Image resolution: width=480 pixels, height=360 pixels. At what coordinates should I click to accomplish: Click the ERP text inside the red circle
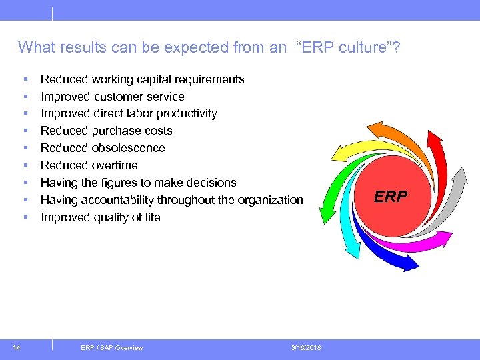click(x=390, y=196)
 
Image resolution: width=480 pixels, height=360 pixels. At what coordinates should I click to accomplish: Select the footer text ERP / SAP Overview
click(x=111, y=347)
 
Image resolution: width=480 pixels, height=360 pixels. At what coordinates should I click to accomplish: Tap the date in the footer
click(x=306, y=347)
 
